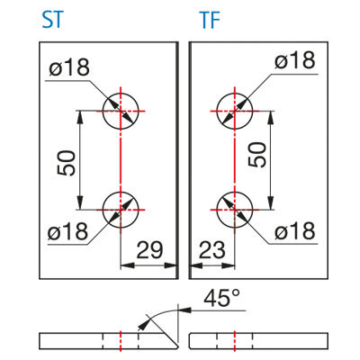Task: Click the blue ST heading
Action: click(53, 21)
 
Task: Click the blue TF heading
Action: click(210, 21)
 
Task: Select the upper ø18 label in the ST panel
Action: click(69, 67)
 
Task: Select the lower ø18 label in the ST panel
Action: click(68, 231)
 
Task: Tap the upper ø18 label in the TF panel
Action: click(295, 60)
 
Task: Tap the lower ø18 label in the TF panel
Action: click(295, 230)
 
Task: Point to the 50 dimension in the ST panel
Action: click(67, 163)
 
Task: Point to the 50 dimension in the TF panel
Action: click(257, 155)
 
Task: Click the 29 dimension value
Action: click(149, 250)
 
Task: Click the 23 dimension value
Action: click(211, 250)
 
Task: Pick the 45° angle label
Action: click(222, 298)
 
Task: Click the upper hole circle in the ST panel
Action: click(121, 93)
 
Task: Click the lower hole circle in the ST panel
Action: click(121, 192)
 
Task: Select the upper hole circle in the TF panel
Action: click(235, 93)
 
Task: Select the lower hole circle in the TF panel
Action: click(235, 192)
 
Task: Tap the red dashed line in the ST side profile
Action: click(121, 341)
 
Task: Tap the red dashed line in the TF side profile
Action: click(235, 341)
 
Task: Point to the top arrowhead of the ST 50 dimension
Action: click(80, 117)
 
